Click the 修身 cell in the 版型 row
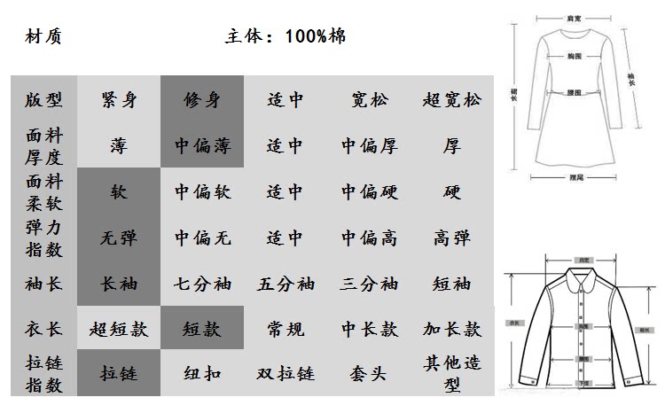coord(201,99)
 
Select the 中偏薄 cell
coord(201,145)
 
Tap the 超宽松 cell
coord(451,99)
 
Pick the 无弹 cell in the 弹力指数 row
coord(119,238)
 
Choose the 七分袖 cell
coord(201,284)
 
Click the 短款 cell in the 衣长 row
coord(201,330)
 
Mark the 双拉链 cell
coord(285,373)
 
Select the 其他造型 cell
coord(451,373)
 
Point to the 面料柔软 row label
coord(43,191)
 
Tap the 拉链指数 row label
coord(43,373)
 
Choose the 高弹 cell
coord(451,238)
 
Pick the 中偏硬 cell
coord(369,191)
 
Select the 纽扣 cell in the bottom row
coord(201,373)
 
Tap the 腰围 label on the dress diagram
coord(574,92)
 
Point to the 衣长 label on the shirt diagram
coord(512,323)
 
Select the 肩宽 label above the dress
coord(575,18)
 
